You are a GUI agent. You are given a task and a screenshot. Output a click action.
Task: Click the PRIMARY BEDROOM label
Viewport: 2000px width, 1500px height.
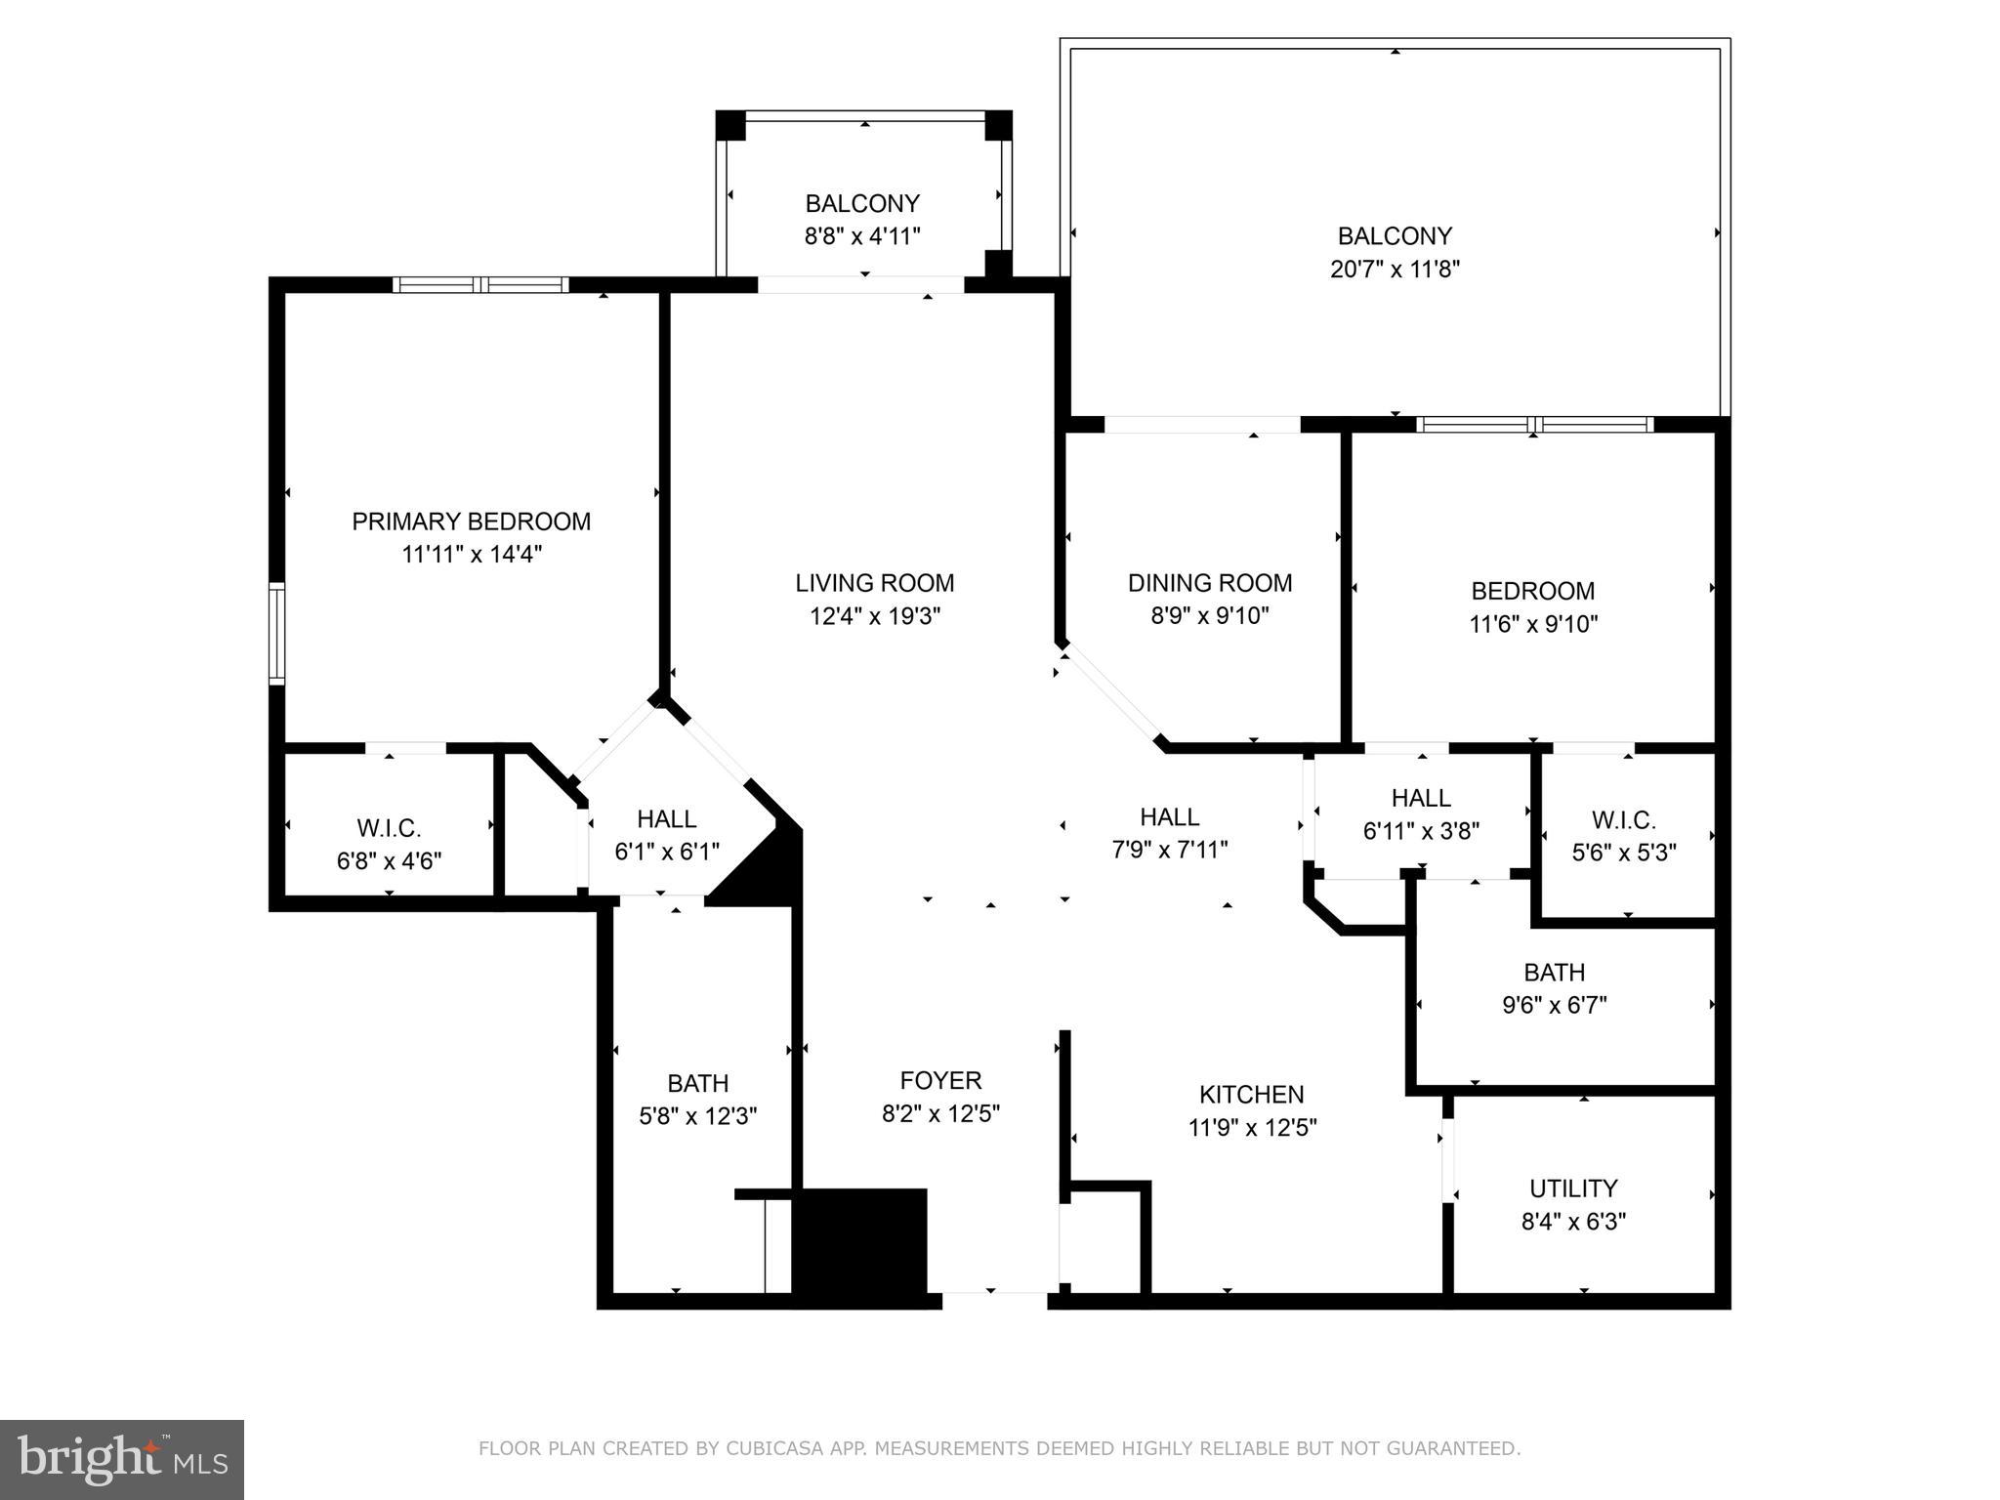(x=471, y=521)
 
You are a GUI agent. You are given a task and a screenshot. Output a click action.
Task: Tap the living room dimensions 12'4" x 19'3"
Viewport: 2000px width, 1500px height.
(x=874, y=616)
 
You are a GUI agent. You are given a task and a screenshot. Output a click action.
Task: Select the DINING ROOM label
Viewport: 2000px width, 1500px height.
(x=1209, y=583)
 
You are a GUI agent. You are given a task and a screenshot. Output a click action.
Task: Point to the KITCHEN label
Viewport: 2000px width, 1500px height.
(x=1251, y=1094)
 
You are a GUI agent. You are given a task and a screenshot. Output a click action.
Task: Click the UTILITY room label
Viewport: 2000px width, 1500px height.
(x=1572, y=1188)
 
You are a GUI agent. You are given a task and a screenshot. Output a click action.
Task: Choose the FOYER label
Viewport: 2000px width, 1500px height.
(x=940, y=1080)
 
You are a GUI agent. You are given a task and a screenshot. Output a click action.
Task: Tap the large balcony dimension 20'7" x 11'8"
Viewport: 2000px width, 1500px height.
(x=1394, y=269)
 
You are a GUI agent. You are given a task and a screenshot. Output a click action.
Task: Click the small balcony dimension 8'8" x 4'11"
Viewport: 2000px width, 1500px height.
(x=861, y=236)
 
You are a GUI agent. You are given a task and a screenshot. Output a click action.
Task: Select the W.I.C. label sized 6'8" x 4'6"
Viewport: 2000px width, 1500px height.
(x=389, y=828)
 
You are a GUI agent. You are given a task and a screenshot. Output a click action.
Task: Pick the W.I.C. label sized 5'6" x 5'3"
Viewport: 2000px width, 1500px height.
(x=1623, y=819)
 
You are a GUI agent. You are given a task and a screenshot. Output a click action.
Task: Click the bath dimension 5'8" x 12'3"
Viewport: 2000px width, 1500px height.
(x=697, y=1116)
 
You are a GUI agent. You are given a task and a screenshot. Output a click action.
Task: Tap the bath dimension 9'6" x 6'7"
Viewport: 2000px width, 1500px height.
(x=1554, y=1005)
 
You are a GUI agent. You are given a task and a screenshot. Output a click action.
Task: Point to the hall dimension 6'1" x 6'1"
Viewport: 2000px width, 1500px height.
(x=666, y=852)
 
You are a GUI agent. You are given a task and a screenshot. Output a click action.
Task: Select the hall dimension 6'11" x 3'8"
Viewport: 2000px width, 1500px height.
(x=1421, y=831)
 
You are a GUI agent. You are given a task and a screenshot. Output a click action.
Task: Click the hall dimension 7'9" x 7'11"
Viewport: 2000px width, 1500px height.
(x=1169, y=850)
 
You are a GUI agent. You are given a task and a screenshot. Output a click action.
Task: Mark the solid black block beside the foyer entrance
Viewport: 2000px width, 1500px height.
(x=859, y=1242)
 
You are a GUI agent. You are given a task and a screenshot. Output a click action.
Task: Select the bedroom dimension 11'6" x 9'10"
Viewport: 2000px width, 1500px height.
(x=1532, y=624)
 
